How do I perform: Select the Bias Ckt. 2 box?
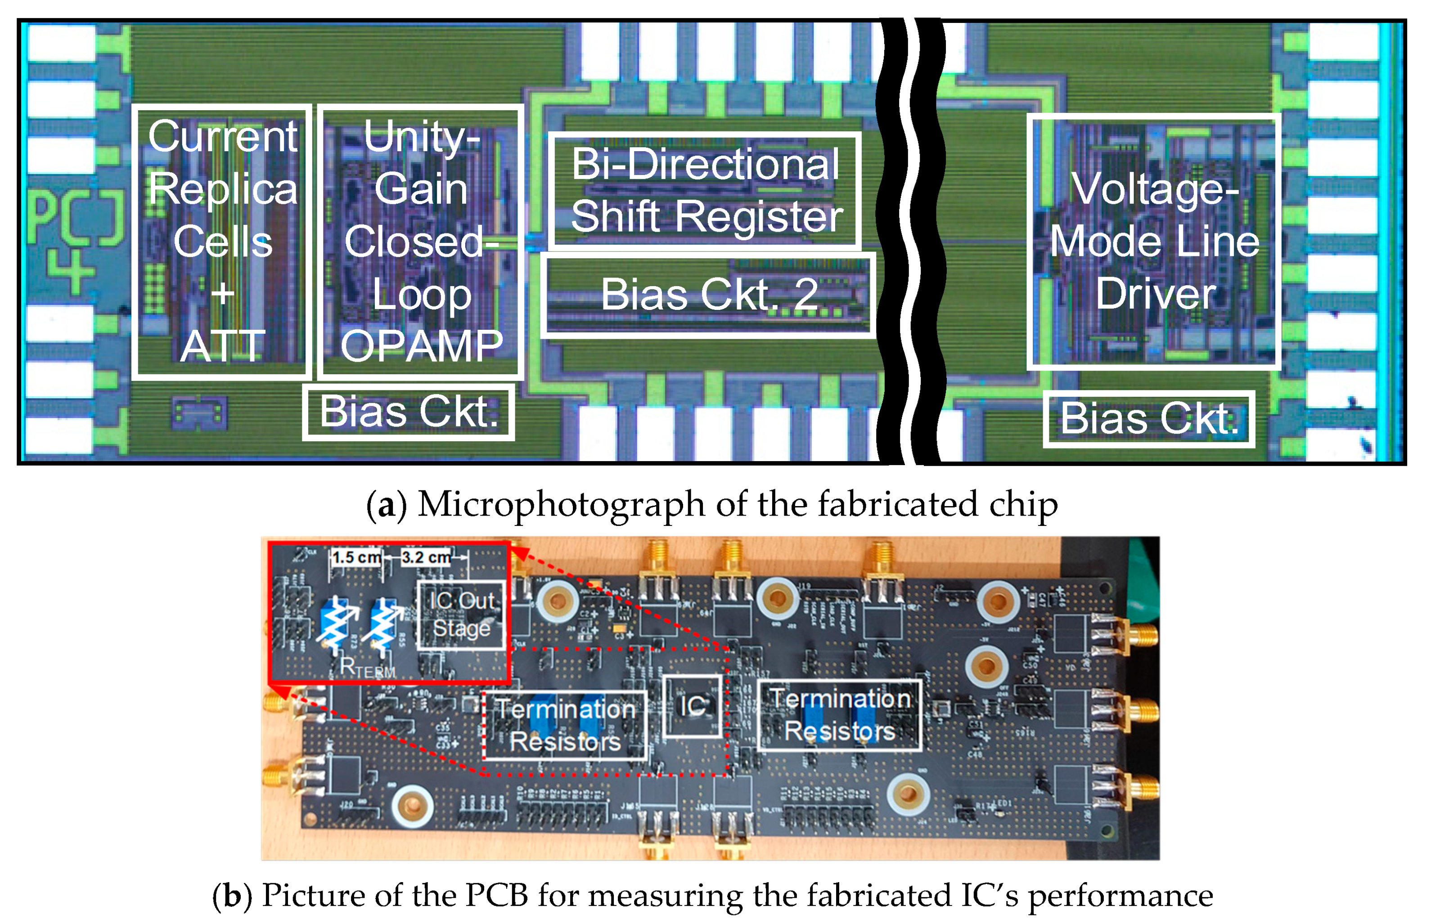pos(708,295)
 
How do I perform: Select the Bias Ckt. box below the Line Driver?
pos(1148,419)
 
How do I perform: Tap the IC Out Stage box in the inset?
pos(461,615)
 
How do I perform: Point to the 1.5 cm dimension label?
pos(356,557)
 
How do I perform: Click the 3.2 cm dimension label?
pos(426,557)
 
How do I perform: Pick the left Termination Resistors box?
pos(565,726)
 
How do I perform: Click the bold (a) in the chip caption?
pos(387,505)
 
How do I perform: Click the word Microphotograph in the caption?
pos(561,505)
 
